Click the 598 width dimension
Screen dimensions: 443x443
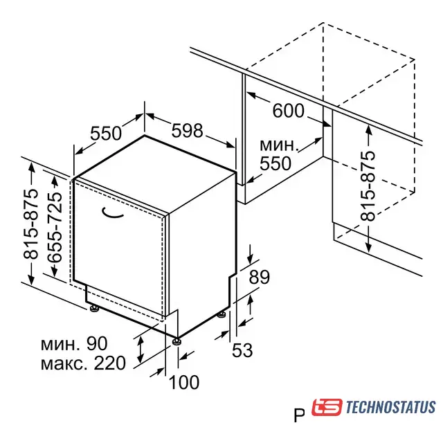188,131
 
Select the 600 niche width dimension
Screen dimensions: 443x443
288,110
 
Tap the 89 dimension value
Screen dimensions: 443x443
260,277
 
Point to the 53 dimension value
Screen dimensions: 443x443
242,350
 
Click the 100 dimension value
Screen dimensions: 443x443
184,382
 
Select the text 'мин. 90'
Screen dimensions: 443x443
74,343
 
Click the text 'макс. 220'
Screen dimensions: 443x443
83,363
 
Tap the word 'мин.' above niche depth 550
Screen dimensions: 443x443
279,145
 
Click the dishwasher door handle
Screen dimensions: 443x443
112,214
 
